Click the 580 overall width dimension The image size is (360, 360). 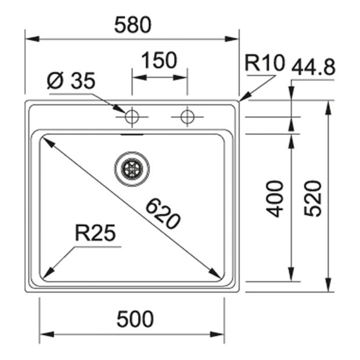[133, 25]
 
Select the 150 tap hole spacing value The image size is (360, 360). [159, 60]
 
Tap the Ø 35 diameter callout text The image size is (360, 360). [71, 81]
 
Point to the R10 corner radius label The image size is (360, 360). [265, 63]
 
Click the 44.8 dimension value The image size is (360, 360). [314, 67]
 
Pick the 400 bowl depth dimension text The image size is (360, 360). [275, 199]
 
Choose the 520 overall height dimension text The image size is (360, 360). [312, 199]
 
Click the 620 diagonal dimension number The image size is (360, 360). [163, 214]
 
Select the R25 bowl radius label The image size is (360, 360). [95, 233]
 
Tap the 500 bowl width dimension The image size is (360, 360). [135, 319]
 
